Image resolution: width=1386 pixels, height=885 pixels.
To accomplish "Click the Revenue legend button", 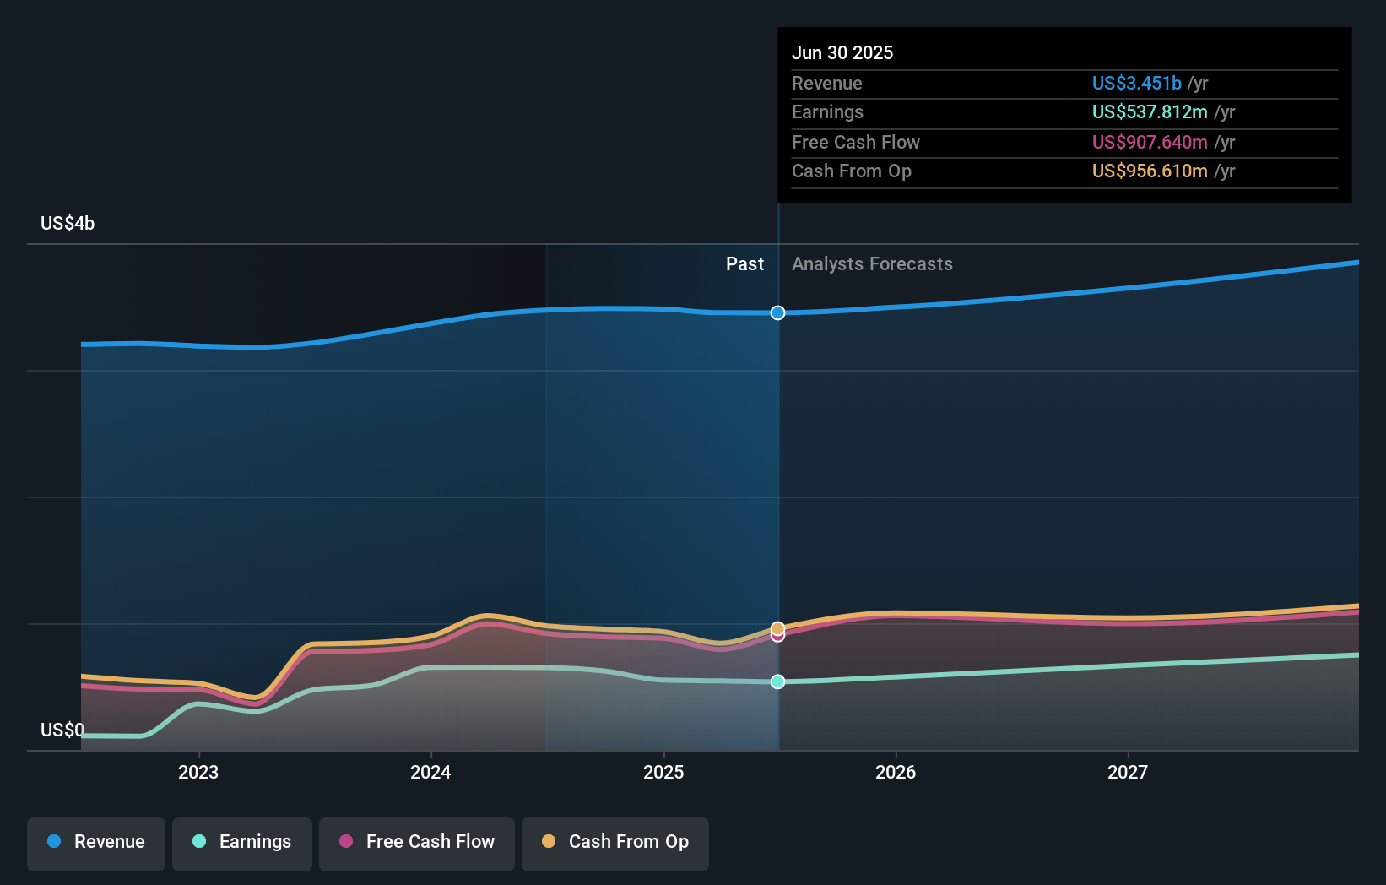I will coord(96,842).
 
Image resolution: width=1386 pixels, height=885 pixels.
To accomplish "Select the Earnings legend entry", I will coord(242,842).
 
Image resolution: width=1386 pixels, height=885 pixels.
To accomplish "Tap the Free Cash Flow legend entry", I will coord(417,842).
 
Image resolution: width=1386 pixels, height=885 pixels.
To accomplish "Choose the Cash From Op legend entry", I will coord(615,842).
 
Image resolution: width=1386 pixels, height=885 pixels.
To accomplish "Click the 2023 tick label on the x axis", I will coord(198,773).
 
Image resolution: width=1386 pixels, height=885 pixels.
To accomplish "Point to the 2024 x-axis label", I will coord(430,773).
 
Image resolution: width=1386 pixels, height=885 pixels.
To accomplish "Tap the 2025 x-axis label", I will coord(663,773).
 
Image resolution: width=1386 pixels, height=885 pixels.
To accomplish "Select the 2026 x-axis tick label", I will coord(896,773).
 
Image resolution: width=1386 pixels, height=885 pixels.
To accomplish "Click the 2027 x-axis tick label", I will coord(1128,773).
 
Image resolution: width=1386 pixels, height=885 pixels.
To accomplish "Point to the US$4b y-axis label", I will coord(68,224).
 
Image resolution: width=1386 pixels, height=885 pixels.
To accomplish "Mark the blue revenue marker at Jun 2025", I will coord(777,313).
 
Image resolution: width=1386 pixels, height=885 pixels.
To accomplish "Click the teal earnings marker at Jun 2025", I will coord(777,681).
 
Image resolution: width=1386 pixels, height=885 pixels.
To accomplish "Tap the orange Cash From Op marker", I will coord(777,628).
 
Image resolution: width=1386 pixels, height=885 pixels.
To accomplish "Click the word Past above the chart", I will coord(744,264).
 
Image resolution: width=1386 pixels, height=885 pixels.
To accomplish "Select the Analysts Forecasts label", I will coord(872,264).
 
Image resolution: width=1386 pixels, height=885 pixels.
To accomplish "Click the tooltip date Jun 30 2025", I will coord(842,53).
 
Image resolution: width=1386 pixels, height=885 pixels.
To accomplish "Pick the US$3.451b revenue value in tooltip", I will coord(1136,84).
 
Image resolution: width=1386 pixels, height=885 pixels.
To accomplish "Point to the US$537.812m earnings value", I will coord(1150,112).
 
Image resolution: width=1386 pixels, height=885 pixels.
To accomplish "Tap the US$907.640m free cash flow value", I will coord(1150,143).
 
